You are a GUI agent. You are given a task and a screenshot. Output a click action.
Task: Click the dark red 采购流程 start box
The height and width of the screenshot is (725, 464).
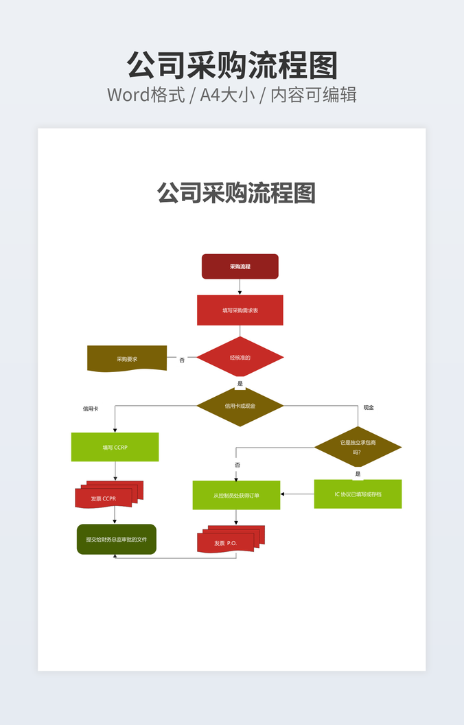(x=240, y=266)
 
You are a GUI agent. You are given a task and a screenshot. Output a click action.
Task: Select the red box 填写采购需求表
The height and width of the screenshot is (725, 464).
(x=240, y=310)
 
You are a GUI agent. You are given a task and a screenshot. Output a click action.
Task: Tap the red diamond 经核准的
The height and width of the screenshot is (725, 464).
(x=240, y=357)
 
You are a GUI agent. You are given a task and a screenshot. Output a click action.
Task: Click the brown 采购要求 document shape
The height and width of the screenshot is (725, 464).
(x=127, y=358)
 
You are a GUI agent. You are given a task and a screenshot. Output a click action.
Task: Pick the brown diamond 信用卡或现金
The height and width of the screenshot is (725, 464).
(x=240, y=406)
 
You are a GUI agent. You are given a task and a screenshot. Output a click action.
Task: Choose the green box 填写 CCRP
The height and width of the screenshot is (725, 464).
(x=115, y=447)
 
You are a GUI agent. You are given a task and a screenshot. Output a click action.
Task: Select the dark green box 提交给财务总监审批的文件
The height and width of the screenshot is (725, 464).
(x=116, y=540)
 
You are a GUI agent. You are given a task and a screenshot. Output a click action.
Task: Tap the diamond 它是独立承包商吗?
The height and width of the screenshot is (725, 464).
(x=358, y=447)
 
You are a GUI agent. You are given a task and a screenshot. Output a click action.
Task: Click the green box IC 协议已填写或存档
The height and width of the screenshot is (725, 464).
(x=358, y=494)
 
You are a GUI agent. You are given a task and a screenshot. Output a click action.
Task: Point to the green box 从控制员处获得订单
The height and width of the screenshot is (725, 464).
(x=236, y=495)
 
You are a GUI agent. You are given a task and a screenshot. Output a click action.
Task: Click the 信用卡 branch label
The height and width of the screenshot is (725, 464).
(x=91, y=408)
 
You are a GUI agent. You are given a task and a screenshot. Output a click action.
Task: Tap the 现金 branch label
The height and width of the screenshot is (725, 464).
(x=369, y=408)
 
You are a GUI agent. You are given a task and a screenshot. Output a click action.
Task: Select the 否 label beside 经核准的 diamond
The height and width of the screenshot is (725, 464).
(x=182, y=359)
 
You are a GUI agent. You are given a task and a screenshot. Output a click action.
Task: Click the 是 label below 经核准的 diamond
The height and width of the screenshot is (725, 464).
(x=240, y=383)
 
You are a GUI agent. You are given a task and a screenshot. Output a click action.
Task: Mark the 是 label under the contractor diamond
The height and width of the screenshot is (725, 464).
(x=358, y=474)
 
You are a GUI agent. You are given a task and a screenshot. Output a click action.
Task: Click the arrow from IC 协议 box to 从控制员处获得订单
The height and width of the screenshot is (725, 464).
(x=297, y=494)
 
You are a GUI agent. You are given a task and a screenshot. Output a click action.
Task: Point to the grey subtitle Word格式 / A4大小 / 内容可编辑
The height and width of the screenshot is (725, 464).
(x=232, y=95)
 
